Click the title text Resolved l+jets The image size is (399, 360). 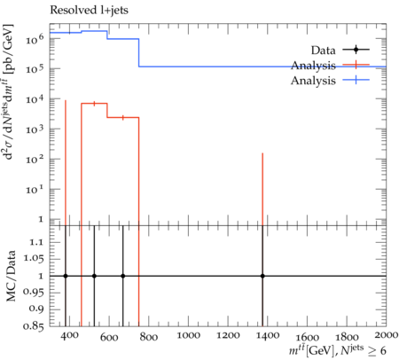(89, 11)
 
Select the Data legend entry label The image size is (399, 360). (323, 51)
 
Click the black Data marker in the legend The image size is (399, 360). (356, 50)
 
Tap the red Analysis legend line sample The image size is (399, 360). (356, 65)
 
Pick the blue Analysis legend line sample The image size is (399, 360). (356, 80)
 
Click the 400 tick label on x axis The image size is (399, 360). (68, 336)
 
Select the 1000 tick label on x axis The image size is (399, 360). (188, 336)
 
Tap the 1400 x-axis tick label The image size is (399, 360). (268, 336)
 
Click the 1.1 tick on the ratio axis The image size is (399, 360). (37, 242)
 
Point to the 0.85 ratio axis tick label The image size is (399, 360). (34, 326)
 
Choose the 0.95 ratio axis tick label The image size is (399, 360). (34, 293)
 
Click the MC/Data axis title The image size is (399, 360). (12, 276)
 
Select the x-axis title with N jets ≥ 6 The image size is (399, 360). (338, 350)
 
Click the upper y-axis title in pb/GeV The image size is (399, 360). (10, 91)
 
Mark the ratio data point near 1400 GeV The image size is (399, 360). (262, 276)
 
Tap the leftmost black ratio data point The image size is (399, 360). (66, 276)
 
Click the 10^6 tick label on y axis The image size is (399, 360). (35, 38)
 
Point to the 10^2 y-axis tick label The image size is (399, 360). (35, 160)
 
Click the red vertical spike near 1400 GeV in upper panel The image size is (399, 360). (262, 189)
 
